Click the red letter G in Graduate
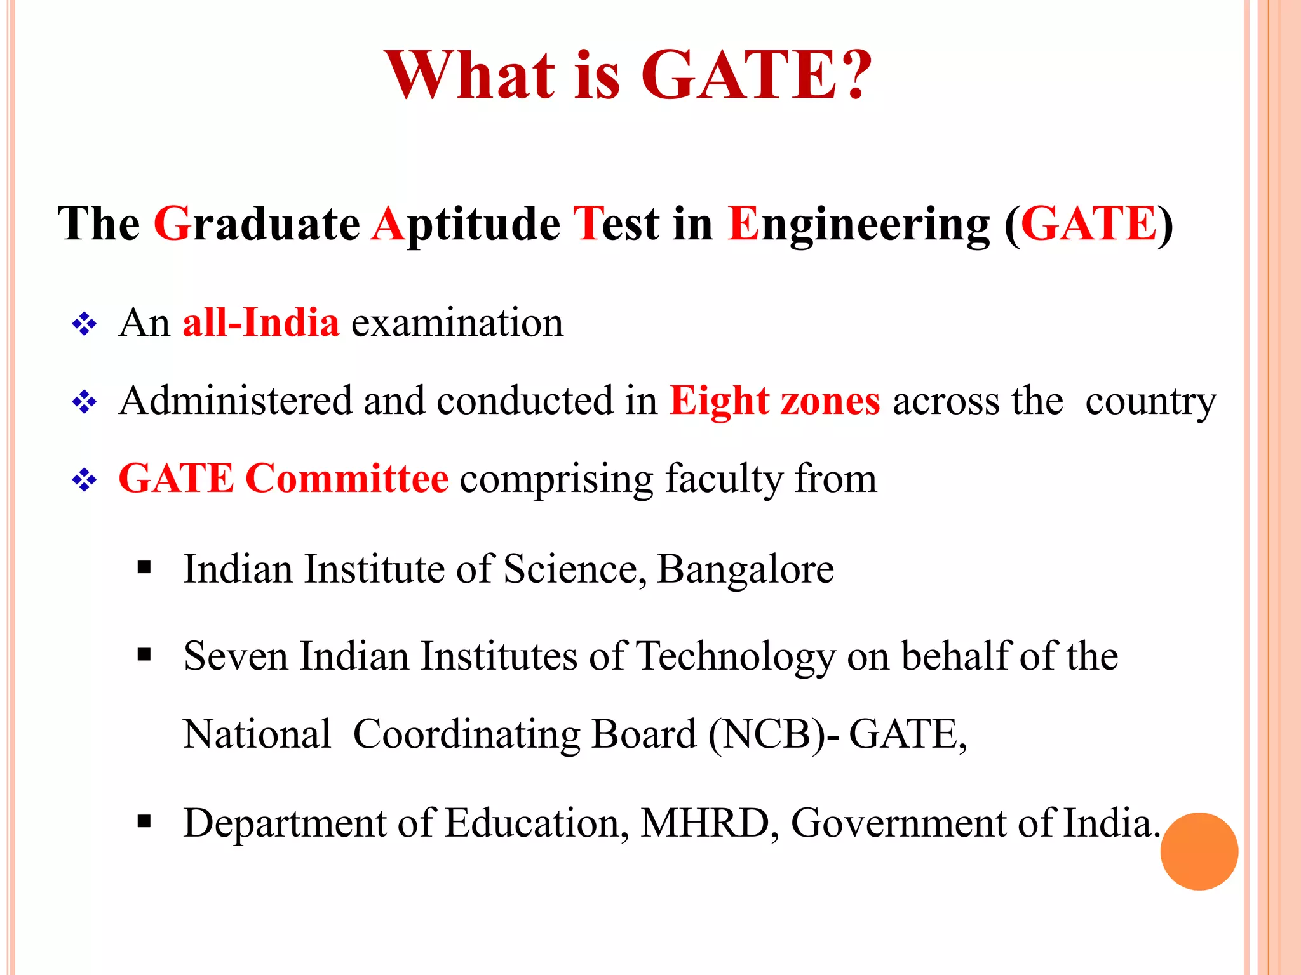point(172,223)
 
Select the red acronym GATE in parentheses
point(1089,223)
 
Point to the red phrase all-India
point(261,322)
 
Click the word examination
point(457,322)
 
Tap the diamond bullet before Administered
point(84,402)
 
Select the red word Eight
point(719,401)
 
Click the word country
point(1150,401)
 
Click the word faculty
point(724,479)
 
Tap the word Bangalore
point(745,569)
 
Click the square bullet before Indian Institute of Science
point(144,567)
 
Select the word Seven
point(236,656)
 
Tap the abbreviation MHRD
point(705,823)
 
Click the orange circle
point(1199,851)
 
